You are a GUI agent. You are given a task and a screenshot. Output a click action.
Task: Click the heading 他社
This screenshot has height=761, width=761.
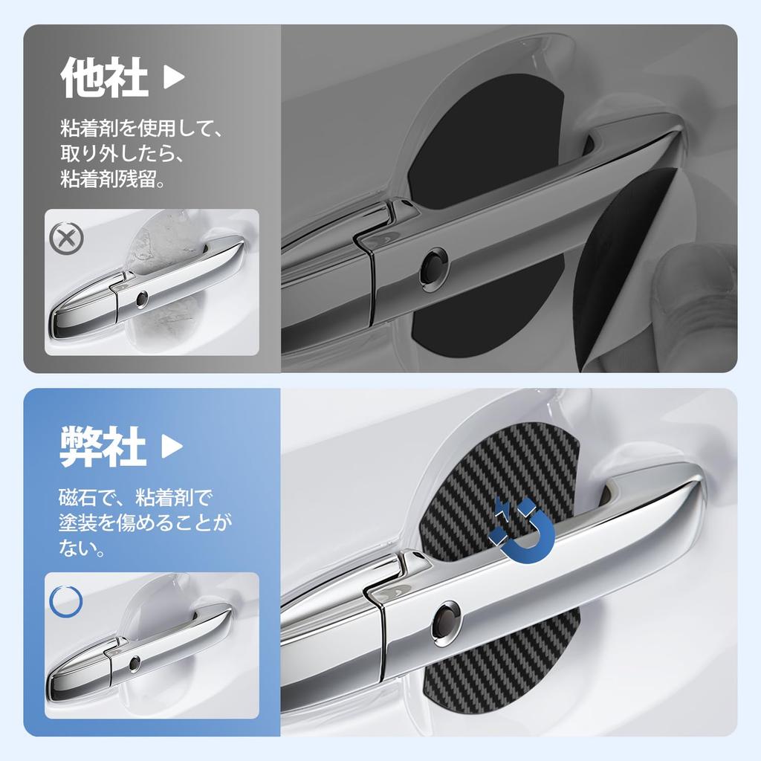coord(104,78)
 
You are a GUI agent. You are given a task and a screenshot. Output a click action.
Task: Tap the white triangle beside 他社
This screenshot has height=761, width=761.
coord(173,78)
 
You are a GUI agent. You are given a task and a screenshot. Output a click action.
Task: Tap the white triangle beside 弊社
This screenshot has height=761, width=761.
coord(172,446)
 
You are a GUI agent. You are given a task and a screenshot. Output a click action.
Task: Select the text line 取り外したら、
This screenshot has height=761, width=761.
coord(122,155)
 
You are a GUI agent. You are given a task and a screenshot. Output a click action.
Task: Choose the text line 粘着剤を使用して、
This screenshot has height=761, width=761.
coord(141,129)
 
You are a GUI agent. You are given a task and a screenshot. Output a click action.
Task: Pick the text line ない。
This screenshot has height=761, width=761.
coord(82,549)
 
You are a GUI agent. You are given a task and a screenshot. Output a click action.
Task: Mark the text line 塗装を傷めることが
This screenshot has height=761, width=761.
coord(146,522)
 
